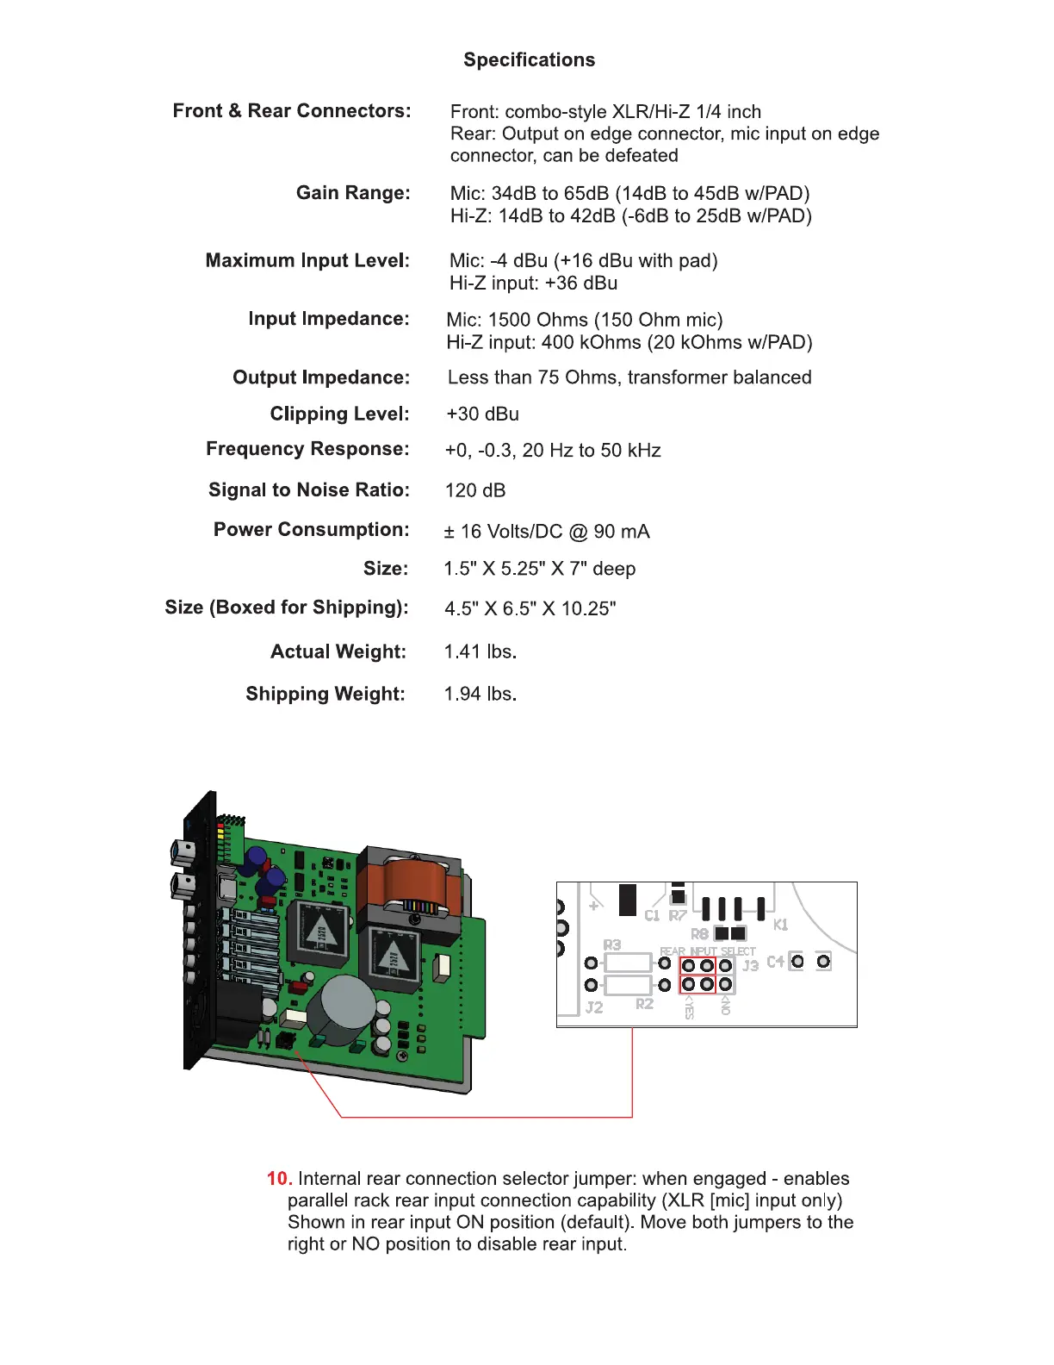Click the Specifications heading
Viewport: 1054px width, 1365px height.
coord(529,59)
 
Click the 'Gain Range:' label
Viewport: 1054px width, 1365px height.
coord(353,192)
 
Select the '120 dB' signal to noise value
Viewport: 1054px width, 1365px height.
coord(475,490)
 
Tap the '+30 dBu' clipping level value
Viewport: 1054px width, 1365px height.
coord(482,414)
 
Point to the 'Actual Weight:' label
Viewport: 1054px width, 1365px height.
coord(338,651)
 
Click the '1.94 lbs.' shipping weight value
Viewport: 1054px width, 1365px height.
coord(480,694)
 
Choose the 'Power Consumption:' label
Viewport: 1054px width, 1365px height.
coord(311,529)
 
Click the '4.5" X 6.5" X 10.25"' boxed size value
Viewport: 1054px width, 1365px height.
coord(530,608)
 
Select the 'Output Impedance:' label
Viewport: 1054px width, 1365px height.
coord(320,377)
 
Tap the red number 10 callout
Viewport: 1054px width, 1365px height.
coord(279,1178)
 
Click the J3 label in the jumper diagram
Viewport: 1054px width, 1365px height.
coord(751,965)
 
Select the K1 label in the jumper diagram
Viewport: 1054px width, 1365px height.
coord(780,925)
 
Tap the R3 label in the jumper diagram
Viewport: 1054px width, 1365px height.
coord(611,945)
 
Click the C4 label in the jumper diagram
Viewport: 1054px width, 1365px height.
coord(775,962)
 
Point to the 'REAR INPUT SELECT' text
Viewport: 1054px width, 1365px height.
coord(707,951)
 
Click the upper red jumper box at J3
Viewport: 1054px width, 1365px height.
coord(697,966)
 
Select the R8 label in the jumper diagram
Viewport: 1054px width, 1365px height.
coord(699,933)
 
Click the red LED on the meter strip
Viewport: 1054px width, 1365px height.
coord(220,826)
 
